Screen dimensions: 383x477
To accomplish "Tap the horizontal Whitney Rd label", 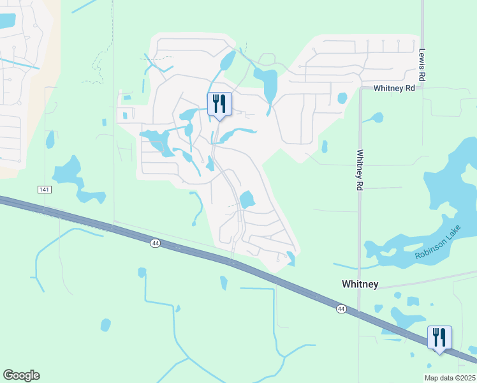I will tap(394, 88).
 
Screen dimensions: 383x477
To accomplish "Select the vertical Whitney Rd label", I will tap(360, 169).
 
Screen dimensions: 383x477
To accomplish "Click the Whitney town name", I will tap(360, 284).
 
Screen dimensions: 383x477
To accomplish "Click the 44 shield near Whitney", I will tap(341, 309).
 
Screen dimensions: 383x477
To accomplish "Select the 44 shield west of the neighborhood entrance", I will tap(155, 243).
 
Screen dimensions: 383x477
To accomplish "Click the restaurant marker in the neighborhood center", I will tap(219, 104).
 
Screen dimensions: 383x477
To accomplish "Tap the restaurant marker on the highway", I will tap(439, 338).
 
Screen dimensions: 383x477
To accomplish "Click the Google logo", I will tap(21, 375).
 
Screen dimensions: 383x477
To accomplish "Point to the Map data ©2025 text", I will tap(450, 378).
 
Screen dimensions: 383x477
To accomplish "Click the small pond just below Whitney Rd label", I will tap(342, 98).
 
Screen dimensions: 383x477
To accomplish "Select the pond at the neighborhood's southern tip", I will tap(291, 258).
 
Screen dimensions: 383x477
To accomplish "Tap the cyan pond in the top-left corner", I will tap(6, 20).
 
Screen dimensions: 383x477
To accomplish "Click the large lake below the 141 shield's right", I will tap(69, 172).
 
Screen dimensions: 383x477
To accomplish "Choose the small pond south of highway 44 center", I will tap(223, 282).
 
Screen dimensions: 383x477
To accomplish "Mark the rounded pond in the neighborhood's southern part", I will tap(246, 200).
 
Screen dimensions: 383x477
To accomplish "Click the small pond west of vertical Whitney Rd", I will tap(324, 147).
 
